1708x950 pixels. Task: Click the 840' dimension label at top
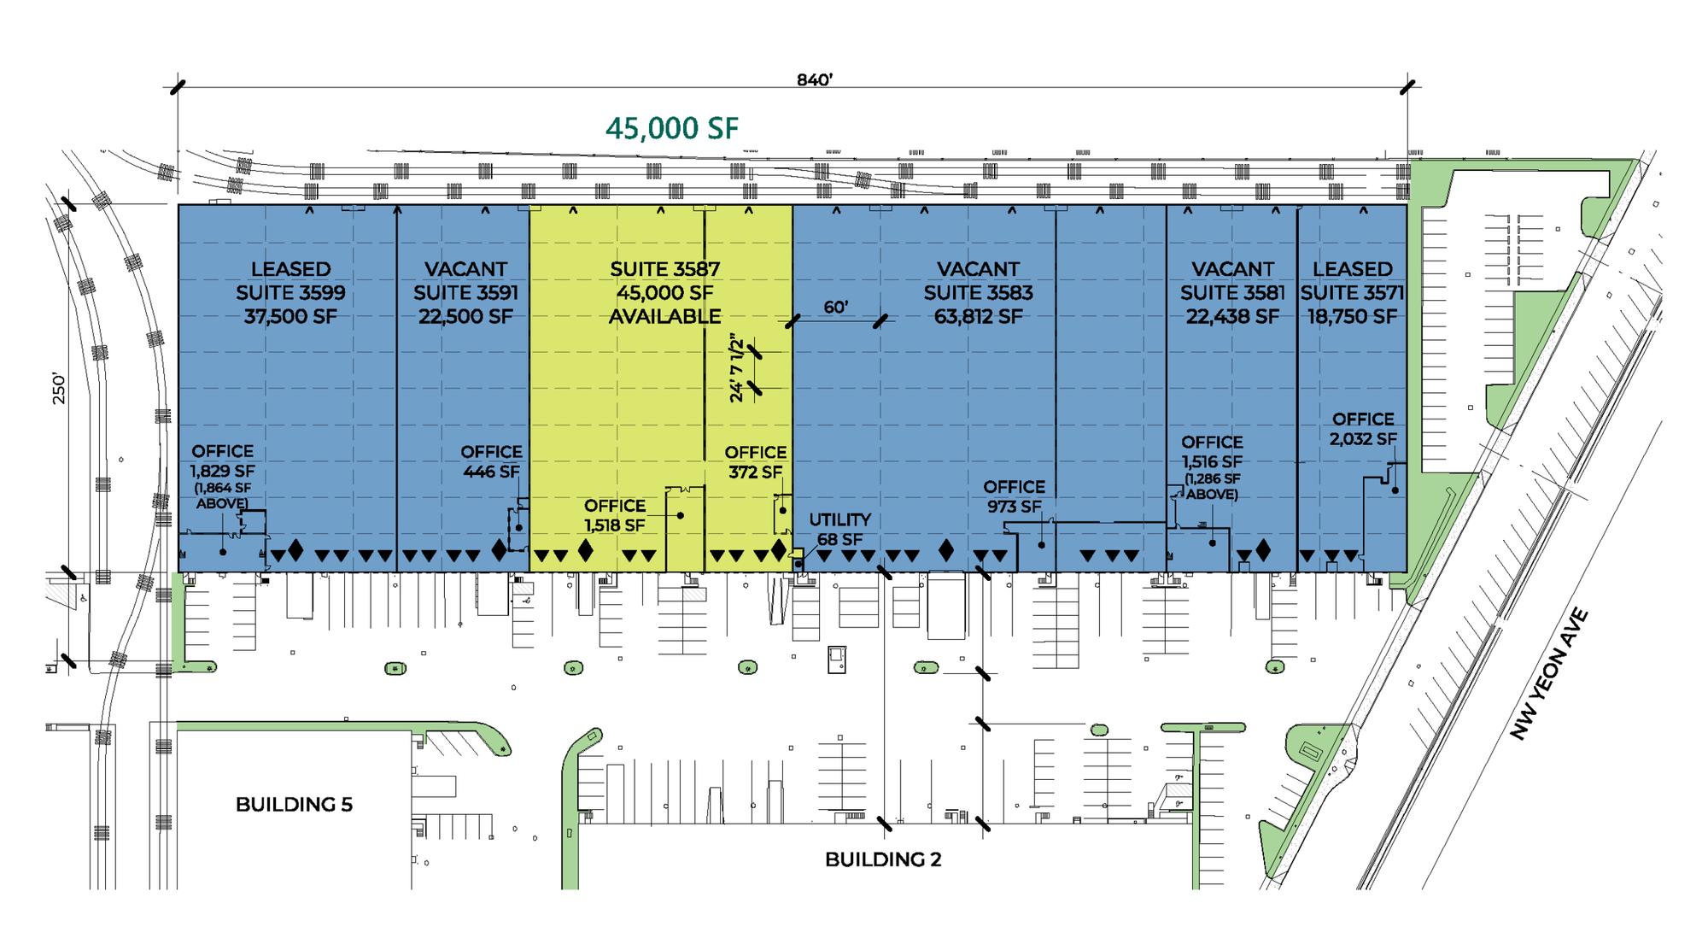click(814, 79)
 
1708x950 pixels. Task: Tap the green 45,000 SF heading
click(672, 128)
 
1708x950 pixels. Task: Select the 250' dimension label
click(59, 388)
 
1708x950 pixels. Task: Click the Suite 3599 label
click(290, 292)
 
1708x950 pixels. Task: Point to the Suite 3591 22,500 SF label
click(465, 304)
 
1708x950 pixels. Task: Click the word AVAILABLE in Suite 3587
click(664, 316)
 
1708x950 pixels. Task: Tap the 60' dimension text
click(835, 307)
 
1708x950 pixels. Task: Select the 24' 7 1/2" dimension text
click(737, 367)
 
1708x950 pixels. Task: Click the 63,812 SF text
click(978, 316)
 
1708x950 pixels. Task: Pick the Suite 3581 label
click(1232, 292)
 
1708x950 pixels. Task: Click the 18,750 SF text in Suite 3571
click(1352, 316)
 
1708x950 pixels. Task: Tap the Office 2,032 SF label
click(1363, 429)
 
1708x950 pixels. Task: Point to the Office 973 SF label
click(1014, 496)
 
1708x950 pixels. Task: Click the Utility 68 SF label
click(839, 530)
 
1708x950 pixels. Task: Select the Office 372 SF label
click(756, 462)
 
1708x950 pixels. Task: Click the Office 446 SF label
click(491, 461)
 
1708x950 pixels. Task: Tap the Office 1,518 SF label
click(615, 515)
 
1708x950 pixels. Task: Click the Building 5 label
click(294, 804)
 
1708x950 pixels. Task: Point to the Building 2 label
click(883, 859)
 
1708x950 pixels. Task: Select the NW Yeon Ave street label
click(1548, 674)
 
